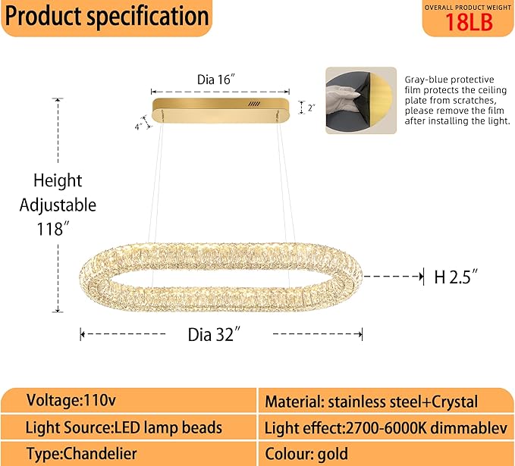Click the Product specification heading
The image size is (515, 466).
click(x=106, y=17)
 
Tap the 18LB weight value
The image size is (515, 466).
click(x=468, y=23)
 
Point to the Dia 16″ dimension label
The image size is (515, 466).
click(x=221, y=78)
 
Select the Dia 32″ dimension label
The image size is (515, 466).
click(x=218, y=334)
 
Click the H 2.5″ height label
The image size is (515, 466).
click(x=457, y=277)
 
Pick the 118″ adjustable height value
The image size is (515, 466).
click(x=58, y=228)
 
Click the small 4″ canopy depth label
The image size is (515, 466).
click(x=139, y=127)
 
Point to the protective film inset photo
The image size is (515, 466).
click(x=360, y=100)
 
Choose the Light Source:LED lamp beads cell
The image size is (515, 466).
click(x=124, y=428)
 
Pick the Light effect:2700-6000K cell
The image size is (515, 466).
click(x=385, y=429)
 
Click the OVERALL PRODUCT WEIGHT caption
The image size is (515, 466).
click(x=467, y=6)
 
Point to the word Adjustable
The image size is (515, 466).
click(x=58, y=205)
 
